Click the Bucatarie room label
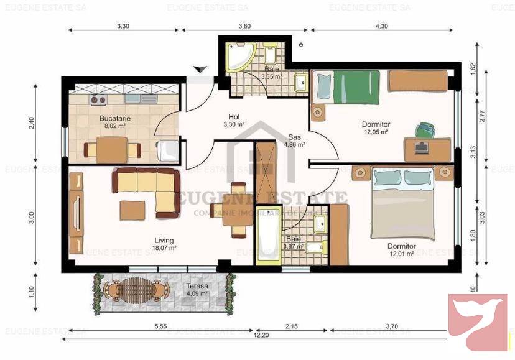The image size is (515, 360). (x=113, y=118)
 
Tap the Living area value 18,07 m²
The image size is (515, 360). (x=165, y=247)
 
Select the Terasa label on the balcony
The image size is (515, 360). (x=198, y=287)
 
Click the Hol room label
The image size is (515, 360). (x=234, y=116)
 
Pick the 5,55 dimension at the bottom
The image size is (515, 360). (x=160, y=326)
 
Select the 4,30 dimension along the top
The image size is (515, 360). (x=381, y=26)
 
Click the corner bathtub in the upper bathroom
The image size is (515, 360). (x=238, y=57)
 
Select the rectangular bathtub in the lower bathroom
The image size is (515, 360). (x=268, y=242)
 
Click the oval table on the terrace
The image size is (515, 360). (x=136, y=289)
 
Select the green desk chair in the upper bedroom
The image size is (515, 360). (x=425, y=130)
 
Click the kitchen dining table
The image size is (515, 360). (x=113, y=150)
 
